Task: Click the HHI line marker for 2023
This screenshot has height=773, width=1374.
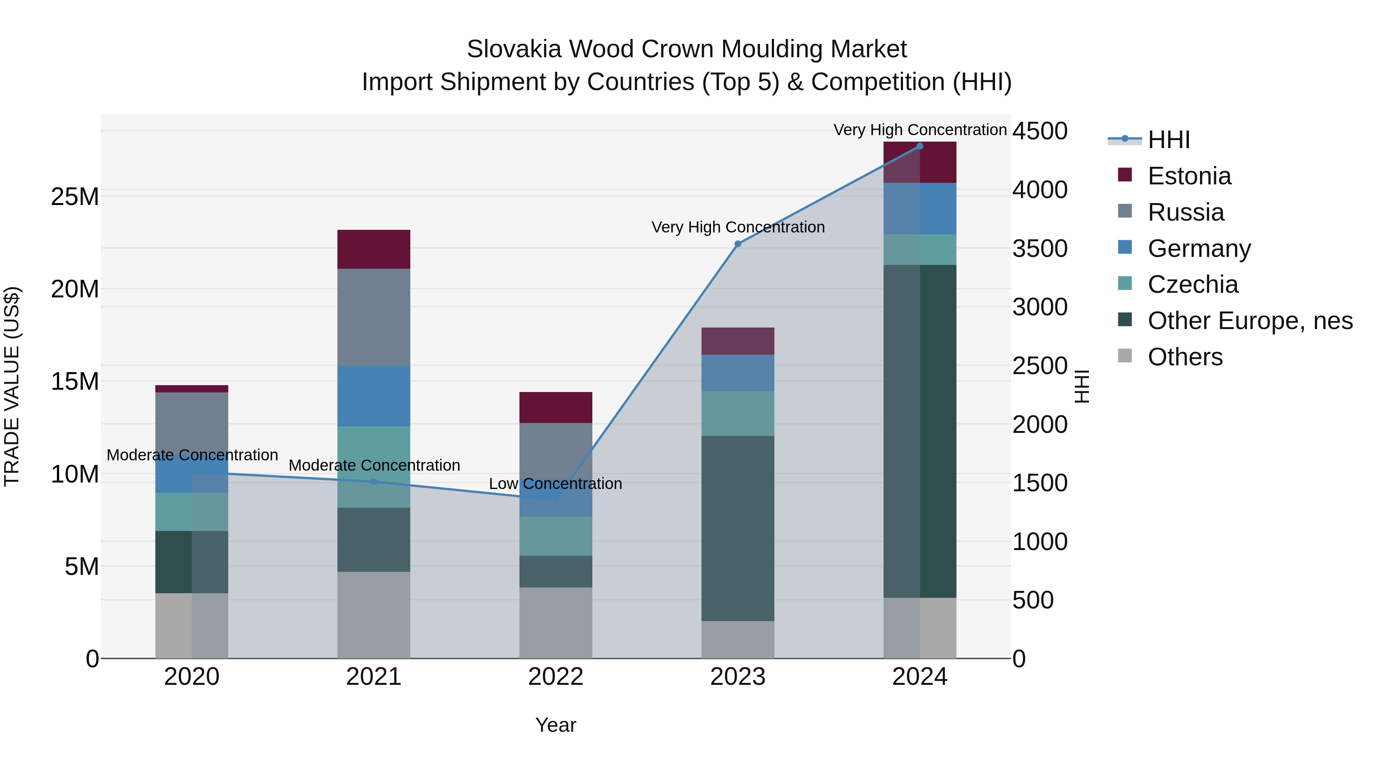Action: [738, 244]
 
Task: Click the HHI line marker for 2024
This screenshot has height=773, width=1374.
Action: [919, 146]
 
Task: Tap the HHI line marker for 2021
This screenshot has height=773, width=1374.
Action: [374, 482]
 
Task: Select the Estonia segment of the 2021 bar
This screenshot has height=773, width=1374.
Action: [374, 249]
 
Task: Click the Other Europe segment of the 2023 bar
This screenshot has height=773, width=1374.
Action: [738, 528]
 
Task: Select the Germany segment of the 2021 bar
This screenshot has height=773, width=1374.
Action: [374, 395]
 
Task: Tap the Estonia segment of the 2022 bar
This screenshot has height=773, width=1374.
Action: [556, 408]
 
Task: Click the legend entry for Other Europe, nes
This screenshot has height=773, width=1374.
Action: [1250, 321]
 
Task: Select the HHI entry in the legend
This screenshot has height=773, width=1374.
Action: [1168, 140]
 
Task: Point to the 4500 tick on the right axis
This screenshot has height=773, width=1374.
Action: [1040, 131]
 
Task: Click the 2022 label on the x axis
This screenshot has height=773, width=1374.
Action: [556, 677]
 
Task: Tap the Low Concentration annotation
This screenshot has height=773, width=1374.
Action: [555, 484]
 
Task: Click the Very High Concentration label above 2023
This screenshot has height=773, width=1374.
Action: [738, 227]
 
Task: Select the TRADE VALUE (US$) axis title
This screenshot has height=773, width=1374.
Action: [12, 386]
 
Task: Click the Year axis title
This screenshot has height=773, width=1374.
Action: [556, 725]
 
